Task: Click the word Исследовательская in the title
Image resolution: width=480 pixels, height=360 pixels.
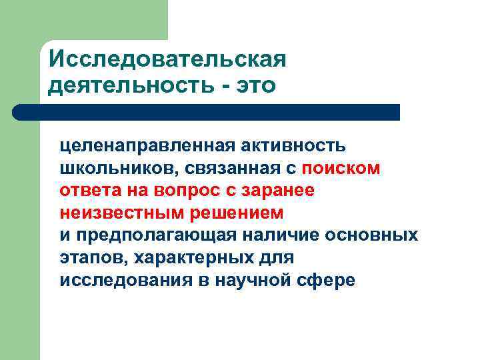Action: [167, 59]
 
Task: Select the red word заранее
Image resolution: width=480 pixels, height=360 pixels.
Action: [281, 191]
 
